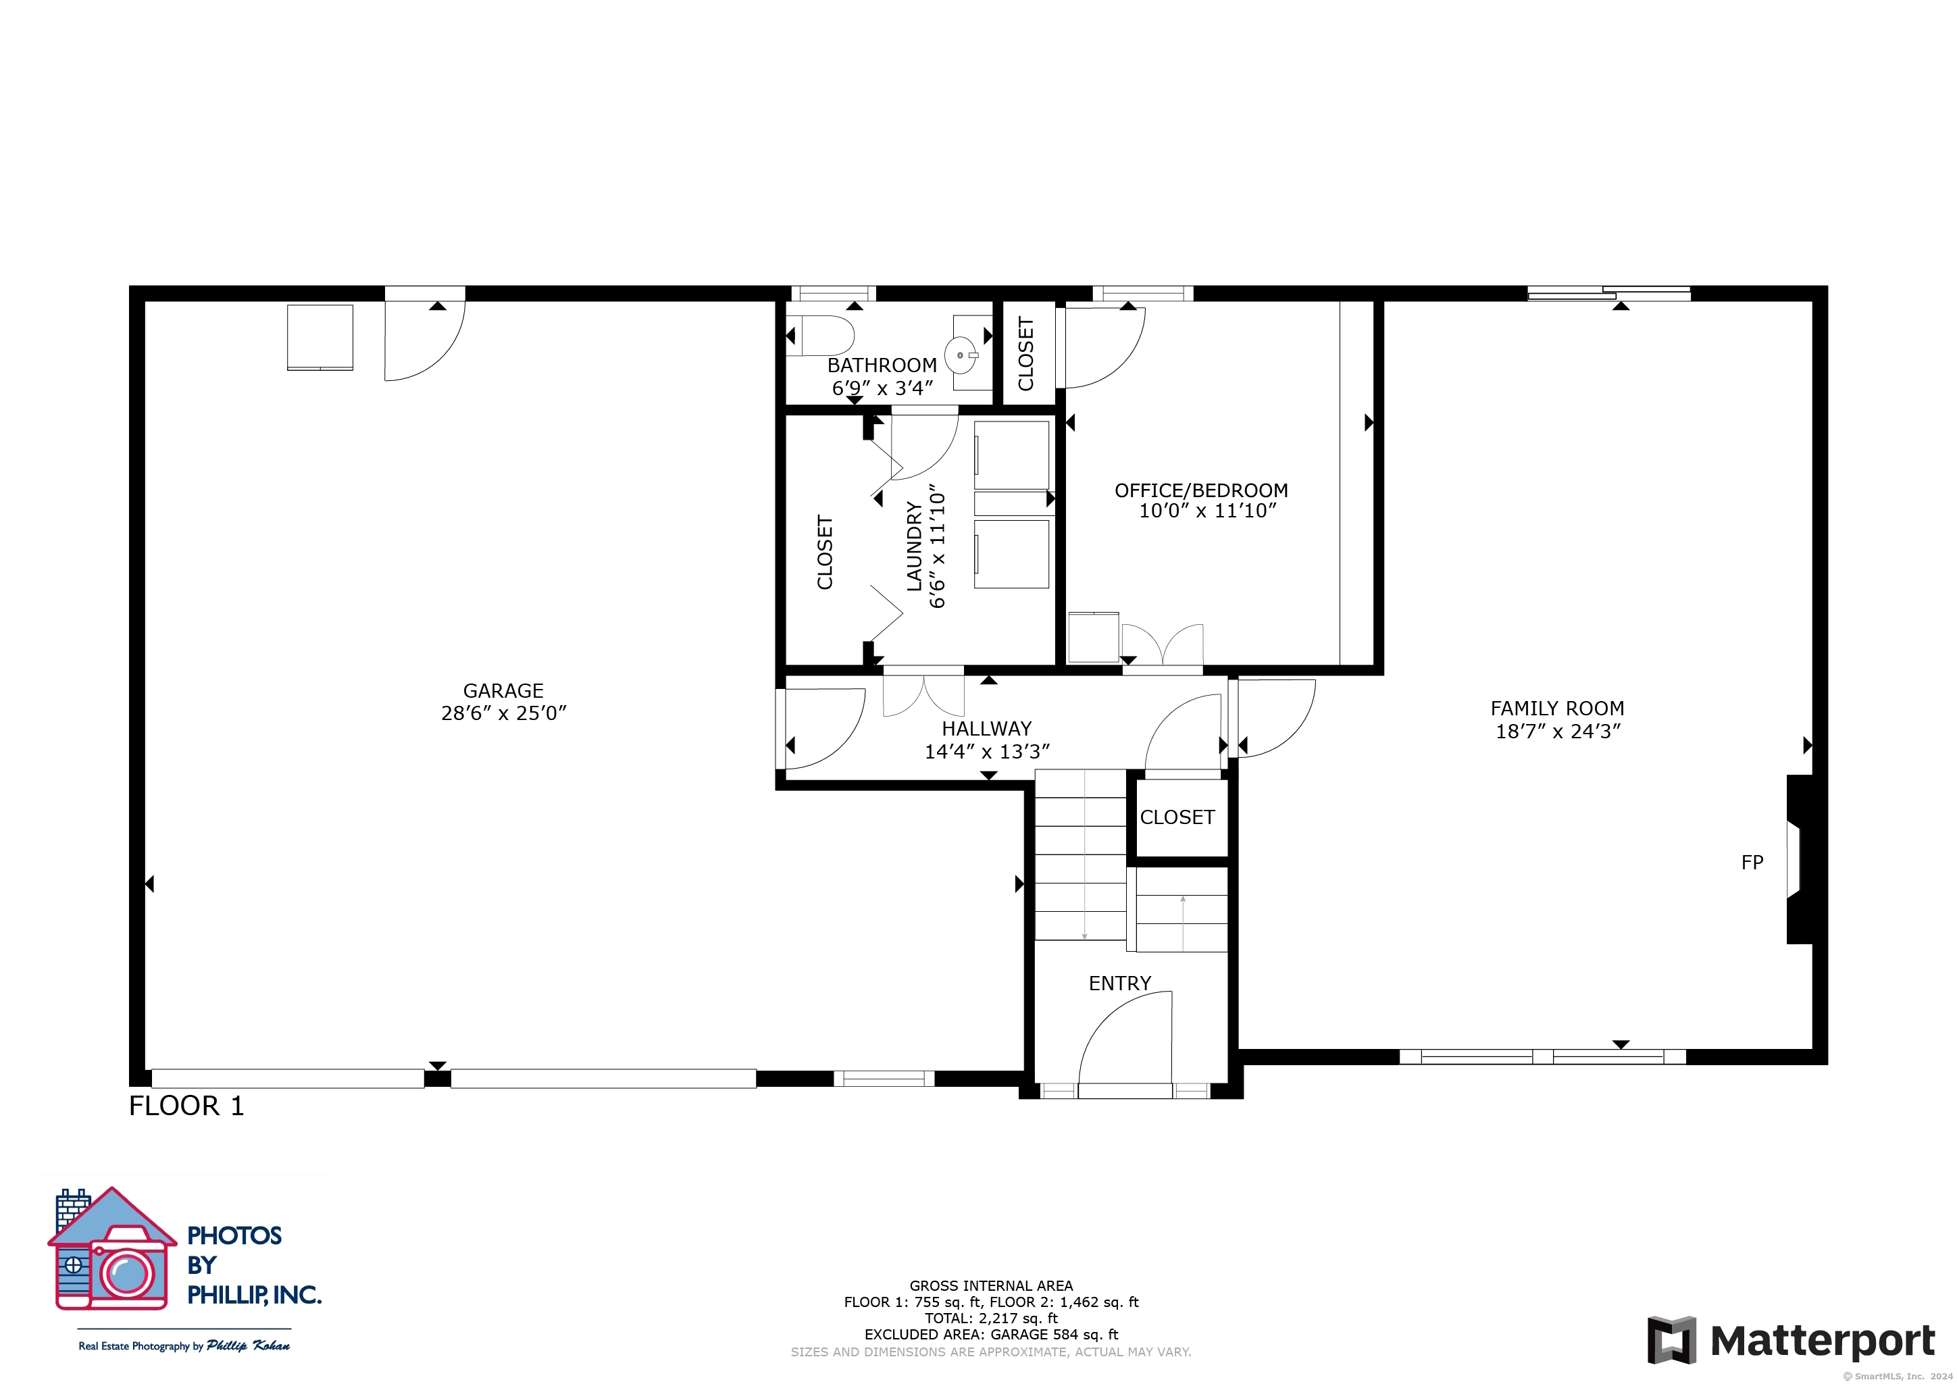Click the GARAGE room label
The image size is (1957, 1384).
[503, 691]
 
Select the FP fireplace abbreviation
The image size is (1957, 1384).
[1752, 863]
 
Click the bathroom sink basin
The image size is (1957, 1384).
[961, 355]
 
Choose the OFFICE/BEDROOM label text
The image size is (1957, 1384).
[1201, 491]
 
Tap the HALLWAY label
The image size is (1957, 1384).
[986, 729]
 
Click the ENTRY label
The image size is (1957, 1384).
[1120, 983]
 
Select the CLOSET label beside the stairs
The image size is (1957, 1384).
[1177, 817]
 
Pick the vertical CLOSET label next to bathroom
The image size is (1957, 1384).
[1026, 354]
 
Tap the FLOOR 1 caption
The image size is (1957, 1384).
[186, 1106]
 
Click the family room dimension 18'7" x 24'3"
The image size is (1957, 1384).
[1558, 732]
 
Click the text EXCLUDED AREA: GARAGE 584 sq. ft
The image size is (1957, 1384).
[991, 1335]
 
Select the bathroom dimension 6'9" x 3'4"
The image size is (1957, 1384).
[882, 388]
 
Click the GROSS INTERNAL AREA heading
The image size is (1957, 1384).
[991, 1286]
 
